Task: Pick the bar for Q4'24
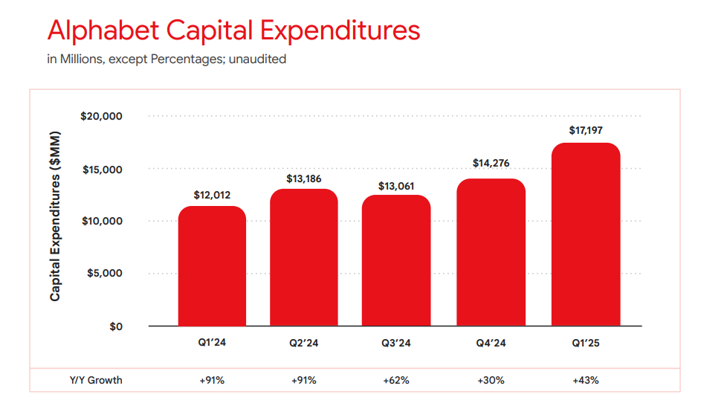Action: pos(491,252)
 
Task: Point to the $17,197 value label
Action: pos(586,130)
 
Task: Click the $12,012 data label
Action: pos(212,195)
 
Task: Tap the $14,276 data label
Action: pos(491,164)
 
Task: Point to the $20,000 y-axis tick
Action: pos(102,117)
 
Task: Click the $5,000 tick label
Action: pos(105,274)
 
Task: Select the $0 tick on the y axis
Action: pos(115,326)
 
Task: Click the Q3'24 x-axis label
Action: pos(396,344)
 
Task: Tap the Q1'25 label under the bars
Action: pos(586,344)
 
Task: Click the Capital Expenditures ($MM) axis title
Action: pos(56,216)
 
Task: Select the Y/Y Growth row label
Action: pos(91,380)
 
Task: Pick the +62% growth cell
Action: pos(396,380)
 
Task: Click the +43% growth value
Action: pos(586,380)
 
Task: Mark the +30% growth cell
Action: pos(491,380)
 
